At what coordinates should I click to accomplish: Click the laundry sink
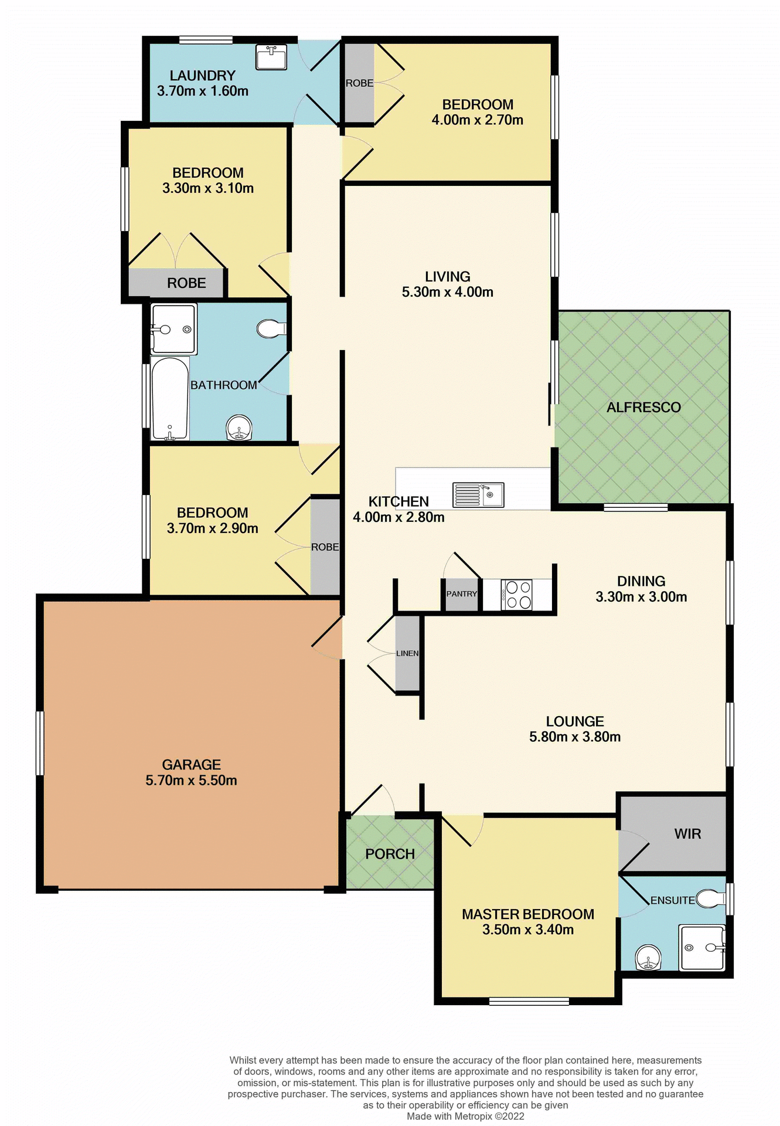[271, 57]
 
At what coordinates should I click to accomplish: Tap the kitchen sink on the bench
[478, 495]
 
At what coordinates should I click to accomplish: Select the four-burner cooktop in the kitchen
[517, 595]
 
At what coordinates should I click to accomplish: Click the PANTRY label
[461, 594]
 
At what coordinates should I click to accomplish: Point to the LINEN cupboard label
[407, 653]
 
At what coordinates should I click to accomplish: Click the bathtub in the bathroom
[170, 399]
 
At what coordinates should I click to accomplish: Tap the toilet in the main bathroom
[270, 329]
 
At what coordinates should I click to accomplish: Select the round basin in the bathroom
[239, 428]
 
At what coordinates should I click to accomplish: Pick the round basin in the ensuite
[648, 958]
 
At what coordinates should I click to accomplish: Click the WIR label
[687, 834]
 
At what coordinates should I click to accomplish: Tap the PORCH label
[390, 854]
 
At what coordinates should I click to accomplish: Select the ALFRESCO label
[643, 408]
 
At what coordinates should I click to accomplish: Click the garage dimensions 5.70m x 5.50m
[191, 781]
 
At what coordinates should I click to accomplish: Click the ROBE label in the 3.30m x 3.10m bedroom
[186, 283]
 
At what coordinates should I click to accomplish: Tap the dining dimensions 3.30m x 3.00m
[641, 597]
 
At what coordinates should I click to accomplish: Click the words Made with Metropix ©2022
[465, 1116]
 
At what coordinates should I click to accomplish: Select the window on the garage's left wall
[40, 743]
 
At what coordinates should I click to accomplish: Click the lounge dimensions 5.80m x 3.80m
[574, 737]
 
